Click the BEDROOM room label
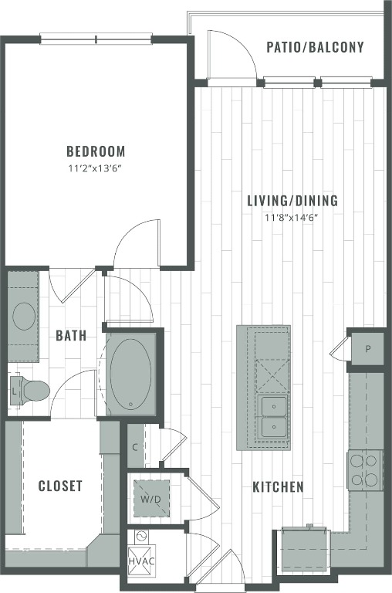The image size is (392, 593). point(95,151)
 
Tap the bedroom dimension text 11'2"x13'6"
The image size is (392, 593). point(95,168)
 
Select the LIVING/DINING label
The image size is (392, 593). point(292,202)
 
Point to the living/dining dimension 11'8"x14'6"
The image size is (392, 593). point(292,217)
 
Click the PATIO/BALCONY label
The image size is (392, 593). point(315,47)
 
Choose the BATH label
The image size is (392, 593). point(70,336)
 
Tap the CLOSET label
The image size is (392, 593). point(60,486)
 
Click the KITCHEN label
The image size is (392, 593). point(278,487)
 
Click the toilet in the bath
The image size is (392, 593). point(32,391)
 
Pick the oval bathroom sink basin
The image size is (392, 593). point(25,317)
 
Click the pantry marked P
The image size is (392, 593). point(367,349)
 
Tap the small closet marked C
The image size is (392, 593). point(135,446)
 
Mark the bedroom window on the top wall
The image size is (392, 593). point(96,39)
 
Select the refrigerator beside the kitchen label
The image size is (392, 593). point(303,549)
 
